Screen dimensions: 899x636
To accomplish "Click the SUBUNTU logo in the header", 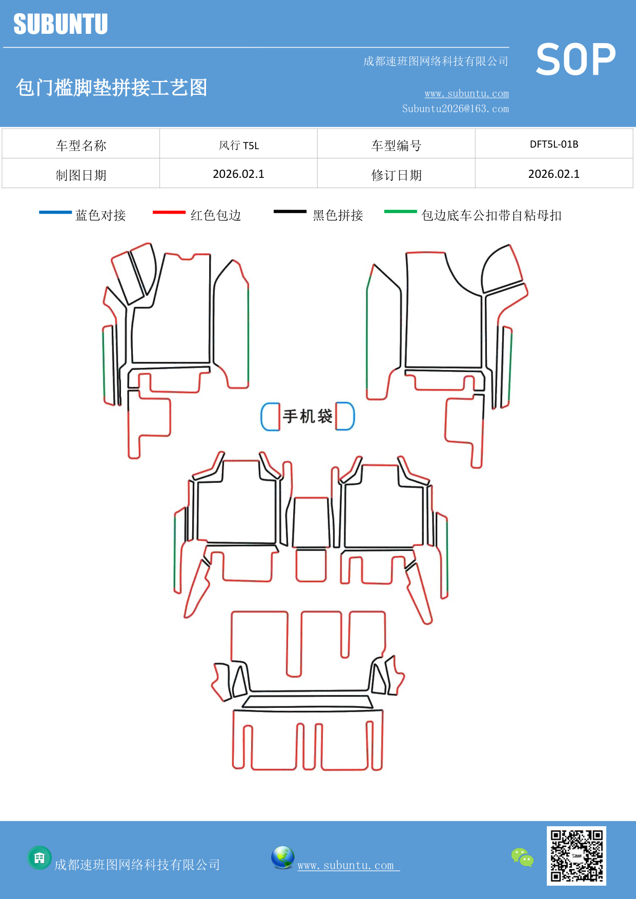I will (60, 24).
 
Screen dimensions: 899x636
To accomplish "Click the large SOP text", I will (576, 59).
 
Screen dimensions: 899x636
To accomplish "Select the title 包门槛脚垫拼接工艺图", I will (111, 88).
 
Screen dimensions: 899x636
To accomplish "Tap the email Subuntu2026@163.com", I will (455, 109).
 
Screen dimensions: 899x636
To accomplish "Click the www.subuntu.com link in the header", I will (466, 93).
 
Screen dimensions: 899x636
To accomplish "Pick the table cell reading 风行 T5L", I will (239, 146).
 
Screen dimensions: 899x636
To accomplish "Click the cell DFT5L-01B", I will (554, 145).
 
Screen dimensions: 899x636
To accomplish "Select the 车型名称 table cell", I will (81, 146).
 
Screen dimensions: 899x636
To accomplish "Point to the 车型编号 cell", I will (396, 146).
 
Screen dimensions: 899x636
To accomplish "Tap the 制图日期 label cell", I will (81, 175).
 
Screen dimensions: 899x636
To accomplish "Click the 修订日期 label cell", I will (396, 175).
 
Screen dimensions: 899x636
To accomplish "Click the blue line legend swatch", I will (55, 212).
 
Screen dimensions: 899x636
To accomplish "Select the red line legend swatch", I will (169, 212).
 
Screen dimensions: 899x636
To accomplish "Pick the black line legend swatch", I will (290, 211).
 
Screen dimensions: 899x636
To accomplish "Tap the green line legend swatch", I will (401, 211).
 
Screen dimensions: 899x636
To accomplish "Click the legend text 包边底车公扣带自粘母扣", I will (491, 215).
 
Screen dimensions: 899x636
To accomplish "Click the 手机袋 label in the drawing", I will (307, 416).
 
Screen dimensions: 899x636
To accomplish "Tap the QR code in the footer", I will (577, 855).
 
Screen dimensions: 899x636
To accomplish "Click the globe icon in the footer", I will (282, 857).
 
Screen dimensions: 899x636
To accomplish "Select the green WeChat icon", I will (522, 857).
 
